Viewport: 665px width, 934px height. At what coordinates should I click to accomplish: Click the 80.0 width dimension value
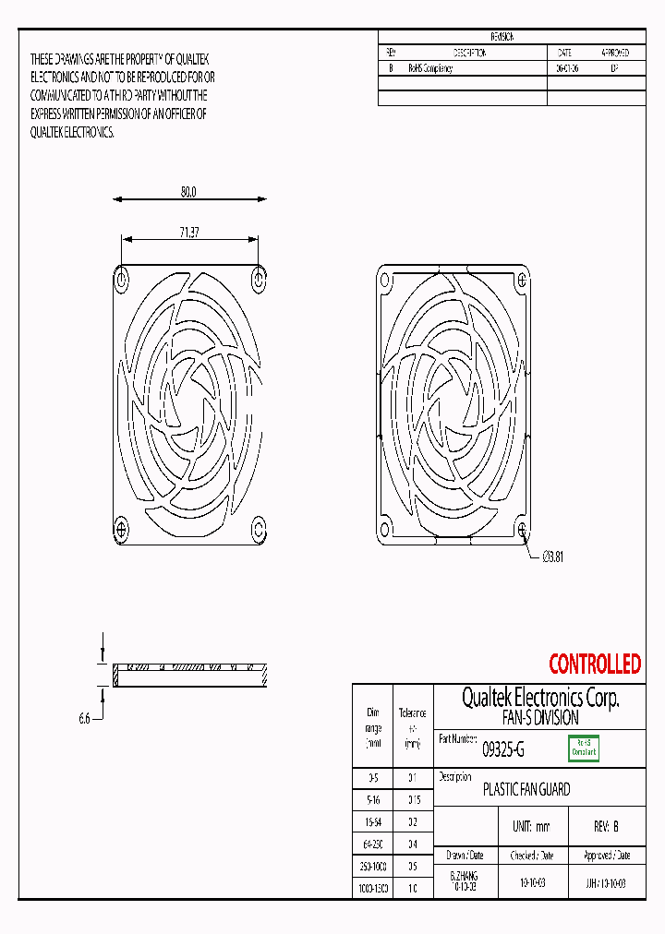click(x=188, y=192)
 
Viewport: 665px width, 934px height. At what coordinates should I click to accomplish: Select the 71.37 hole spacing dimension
click(x=188, y=233)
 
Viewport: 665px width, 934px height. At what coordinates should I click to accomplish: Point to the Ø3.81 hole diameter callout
click(x=551, y=556)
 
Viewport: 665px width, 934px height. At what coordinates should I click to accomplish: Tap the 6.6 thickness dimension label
click(x=84, y=718)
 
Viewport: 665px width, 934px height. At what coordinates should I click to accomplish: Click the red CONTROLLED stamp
click(x=594, y=664)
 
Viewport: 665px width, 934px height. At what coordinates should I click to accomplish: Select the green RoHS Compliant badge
click(x=583, y=748)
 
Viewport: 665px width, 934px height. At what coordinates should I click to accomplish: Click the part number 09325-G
click(x=503, y=750)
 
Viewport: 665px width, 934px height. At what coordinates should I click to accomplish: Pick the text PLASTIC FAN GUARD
click(x=526, y=790)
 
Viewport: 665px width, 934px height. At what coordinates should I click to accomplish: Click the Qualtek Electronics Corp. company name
click(x=540, y=698)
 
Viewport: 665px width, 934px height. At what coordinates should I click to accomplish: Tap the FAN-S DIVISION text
click(x=540, y=717)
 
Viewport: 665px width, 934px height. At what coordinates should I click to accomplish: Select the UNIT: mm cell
click(x=530, y=827)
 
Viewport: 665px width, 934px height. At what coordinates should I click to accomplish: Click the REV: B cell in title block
click(x=605, y=827)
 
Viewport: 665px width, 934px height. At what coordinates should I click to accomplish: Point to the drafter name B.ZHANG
click(x=464, y=875)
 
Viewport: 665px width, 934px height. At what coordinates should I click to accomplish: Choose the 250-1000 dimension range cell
click(x=373, y=867)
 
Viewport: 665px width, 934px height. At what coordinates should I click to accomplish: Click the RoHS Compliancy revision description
click(x=430, y=69)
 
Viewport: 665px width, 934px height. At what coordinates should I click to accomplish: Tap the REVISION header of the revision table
click(x=502, y=37)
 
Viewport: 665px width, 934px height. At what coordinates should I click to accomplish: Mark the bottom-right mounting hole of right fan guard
click(x=523, y=530)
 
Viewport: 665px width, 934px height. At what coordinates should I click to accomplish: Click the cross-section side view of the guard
click(x=189, y=675)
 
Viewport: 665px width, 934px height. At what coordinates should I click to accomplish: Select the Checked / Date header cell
click(x=530, y=856)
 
